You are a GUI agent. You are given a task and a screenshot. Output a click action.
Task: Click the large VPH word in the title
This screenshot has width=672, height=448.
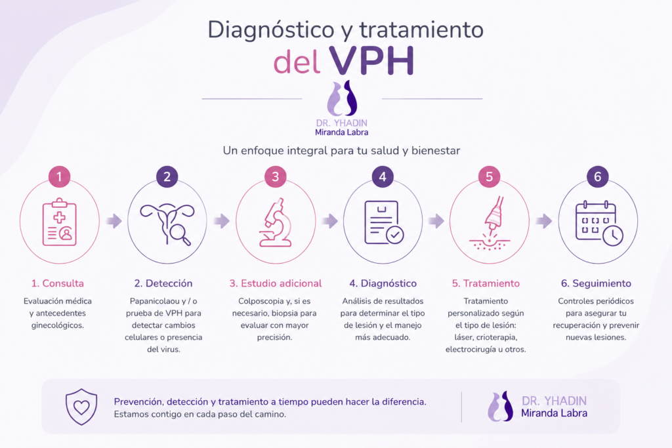(371, 60)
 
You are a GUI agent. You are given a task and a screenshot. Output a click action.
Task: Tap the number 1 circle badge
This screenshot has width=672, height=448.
(59, 176)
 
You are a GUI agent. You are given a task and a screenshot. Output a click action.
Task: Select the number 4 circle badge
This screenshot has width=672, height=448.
(383, 176)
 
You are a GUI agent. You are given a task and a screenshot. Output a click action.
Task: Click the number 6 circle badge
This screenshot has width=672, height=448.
(597, 176)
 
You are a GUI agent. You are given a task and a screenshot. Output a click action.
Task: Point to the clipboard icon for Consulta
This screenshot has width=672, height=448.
(60, 222)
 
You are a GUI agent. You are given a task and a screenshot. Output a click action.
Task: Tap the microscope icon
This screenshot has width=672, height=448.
(275, 222)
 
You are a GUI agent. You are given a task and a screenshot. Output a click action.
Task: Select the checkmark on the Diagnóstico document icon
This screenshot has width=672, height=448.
(394, 235)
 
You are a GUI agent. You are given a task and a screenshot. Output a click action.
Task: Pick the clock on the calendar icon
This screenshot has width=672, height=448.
(613, 235)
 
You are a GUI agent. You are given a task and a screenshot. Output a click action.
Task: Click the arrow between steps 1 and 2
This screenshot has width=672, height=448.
(114, 221)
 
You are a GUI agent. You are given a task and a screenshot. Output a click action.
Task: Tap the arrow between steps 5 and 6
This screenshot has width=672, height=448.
(544, 221)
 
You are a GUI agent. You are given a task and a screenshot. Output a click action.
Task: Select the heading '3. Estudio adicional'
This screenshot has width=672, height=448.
(276, 283)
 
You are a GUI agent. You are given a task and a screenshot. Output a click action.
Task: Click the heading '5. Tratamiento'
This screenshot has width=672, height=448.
(486, 283)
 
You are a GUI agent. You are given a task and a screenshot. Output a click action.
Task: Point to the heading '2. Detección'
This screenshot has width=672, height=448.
(163, 283)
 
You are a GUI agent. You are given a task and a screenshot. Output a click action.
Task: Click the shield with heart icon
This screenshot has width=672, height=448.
(81, 407)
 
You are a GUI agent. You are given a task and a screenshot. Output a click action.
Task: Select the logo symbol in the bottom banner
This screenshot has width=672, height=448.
(500, 406)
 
